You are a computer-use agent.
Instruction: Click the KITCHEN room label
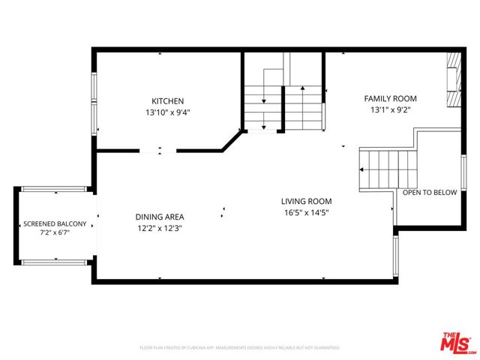point(168,101)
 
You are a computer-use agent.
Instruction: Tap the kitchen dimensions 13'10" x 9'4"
point(168,113)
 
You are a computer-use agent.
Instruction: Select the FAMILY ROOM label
point(390,98)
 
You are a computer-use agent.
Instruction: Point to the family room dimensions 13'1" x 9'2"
point(390,110)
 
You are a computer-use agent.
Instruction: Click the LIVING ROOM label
point(306,201)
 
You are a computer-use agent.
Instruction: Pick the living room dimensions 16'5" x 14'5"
point(306,212)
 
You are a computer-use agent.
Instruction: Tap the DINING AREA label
point(160,217)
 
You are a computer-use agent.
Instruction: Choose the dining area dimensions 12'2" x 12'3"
point(160,228)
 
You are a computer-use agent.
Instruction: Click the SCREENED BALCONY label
point(55,223)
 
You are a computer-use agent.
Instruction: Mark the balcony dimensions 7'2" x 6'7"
point(55,234)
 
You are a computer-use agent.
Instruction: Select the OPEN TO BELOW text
point(430,193)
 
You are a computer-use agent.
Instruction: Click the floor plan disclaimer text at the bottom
point(240,348)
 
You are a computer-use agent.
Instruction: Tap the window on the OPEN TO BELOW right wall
point(463,174)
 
